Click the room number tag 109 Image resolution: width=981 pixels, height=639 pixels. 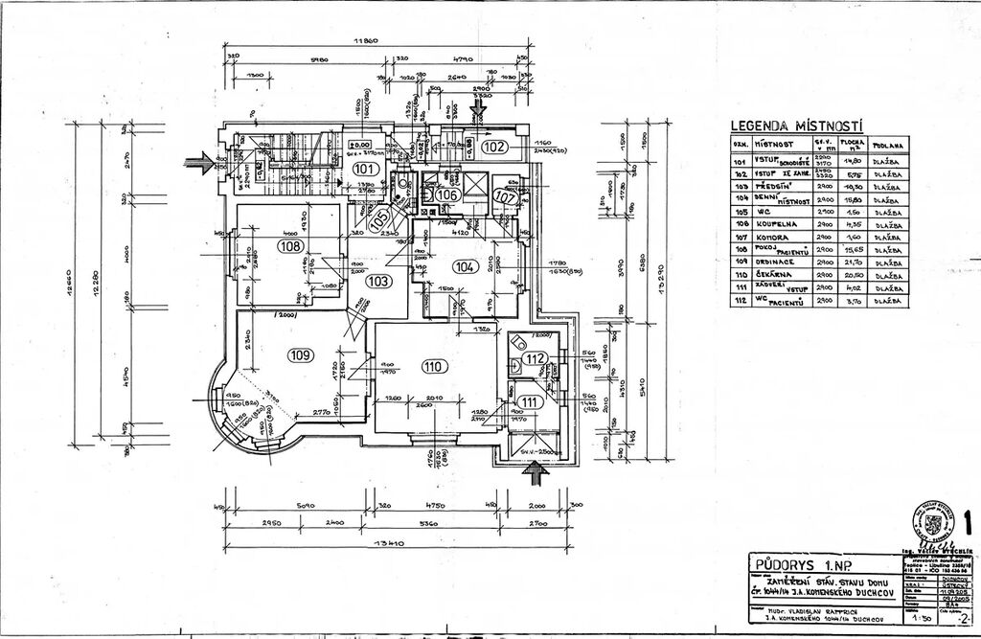301,355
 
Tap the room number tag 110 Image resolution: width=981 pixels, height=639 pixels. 432,365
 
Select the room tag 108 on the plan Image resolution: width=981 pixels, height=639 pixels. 290,245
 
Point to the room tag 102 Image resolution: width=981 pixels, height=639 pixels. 493,148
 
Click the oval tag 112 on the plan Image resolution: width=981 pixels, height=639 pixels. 535,359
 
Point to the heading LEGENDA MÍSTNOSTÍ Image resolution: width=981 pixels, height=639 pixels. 796,126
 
